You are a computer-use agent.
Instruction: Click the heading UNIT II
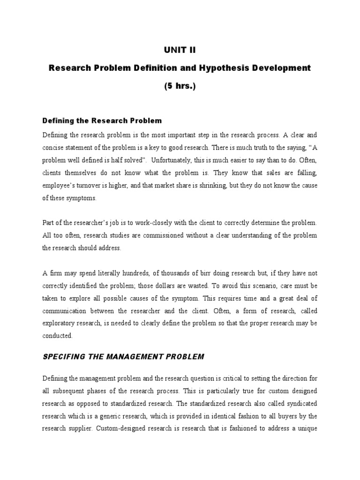pos(180,50)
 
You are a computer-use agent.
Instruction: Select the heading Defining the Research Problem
pos(102,121)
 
